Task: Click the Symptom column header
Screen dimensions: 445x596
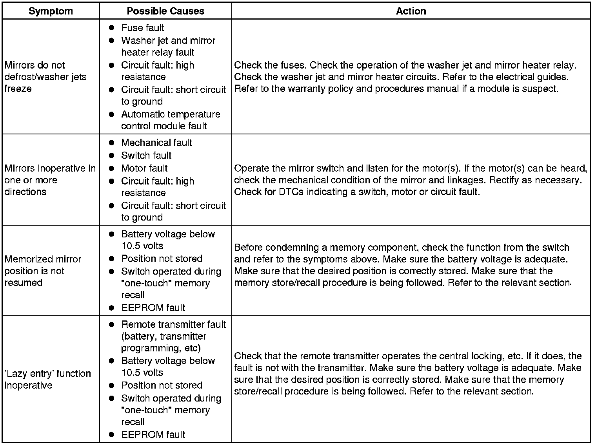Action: coord(51,11)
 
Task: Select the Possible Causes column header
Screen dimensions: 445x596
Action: coord(165,11)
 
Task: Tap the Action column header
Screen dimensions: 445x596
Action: coord(411,11)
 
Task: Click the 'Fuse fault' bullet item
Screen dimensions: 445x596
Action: coord(143,28)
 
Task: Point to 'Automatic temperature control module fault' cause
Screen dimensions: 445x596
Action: coord(171,120)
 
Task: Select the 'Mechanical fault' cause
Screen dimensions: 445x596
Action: coord(156,143)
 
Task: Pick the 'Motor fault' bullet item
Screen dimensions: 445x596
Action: coord(144,168)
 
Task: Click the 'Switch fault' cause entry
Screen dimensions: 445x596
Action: coord(146,156)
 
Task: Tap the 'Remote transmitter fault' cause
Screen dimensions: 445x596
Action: coord(173,336)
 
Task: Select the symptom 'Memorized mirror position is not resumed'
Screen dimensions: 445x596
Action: coord(43,271)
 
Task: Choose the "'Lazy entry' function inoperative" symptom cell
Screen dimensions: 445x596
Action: coord(47,379)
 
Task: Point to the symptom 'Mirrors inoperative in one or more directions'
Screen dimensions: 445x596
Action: coord(50,180)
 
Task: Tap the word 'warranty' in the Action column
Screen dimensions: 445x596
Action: coord(306,89)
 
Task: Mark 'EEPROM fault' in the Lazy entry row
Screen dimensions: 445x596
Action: coord(153,434)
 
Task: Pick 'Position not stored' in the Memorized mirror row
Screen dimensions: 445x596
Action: coord(162,259)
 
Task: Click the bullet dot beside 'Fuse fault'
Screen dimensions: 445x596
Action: coord(112,28)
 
